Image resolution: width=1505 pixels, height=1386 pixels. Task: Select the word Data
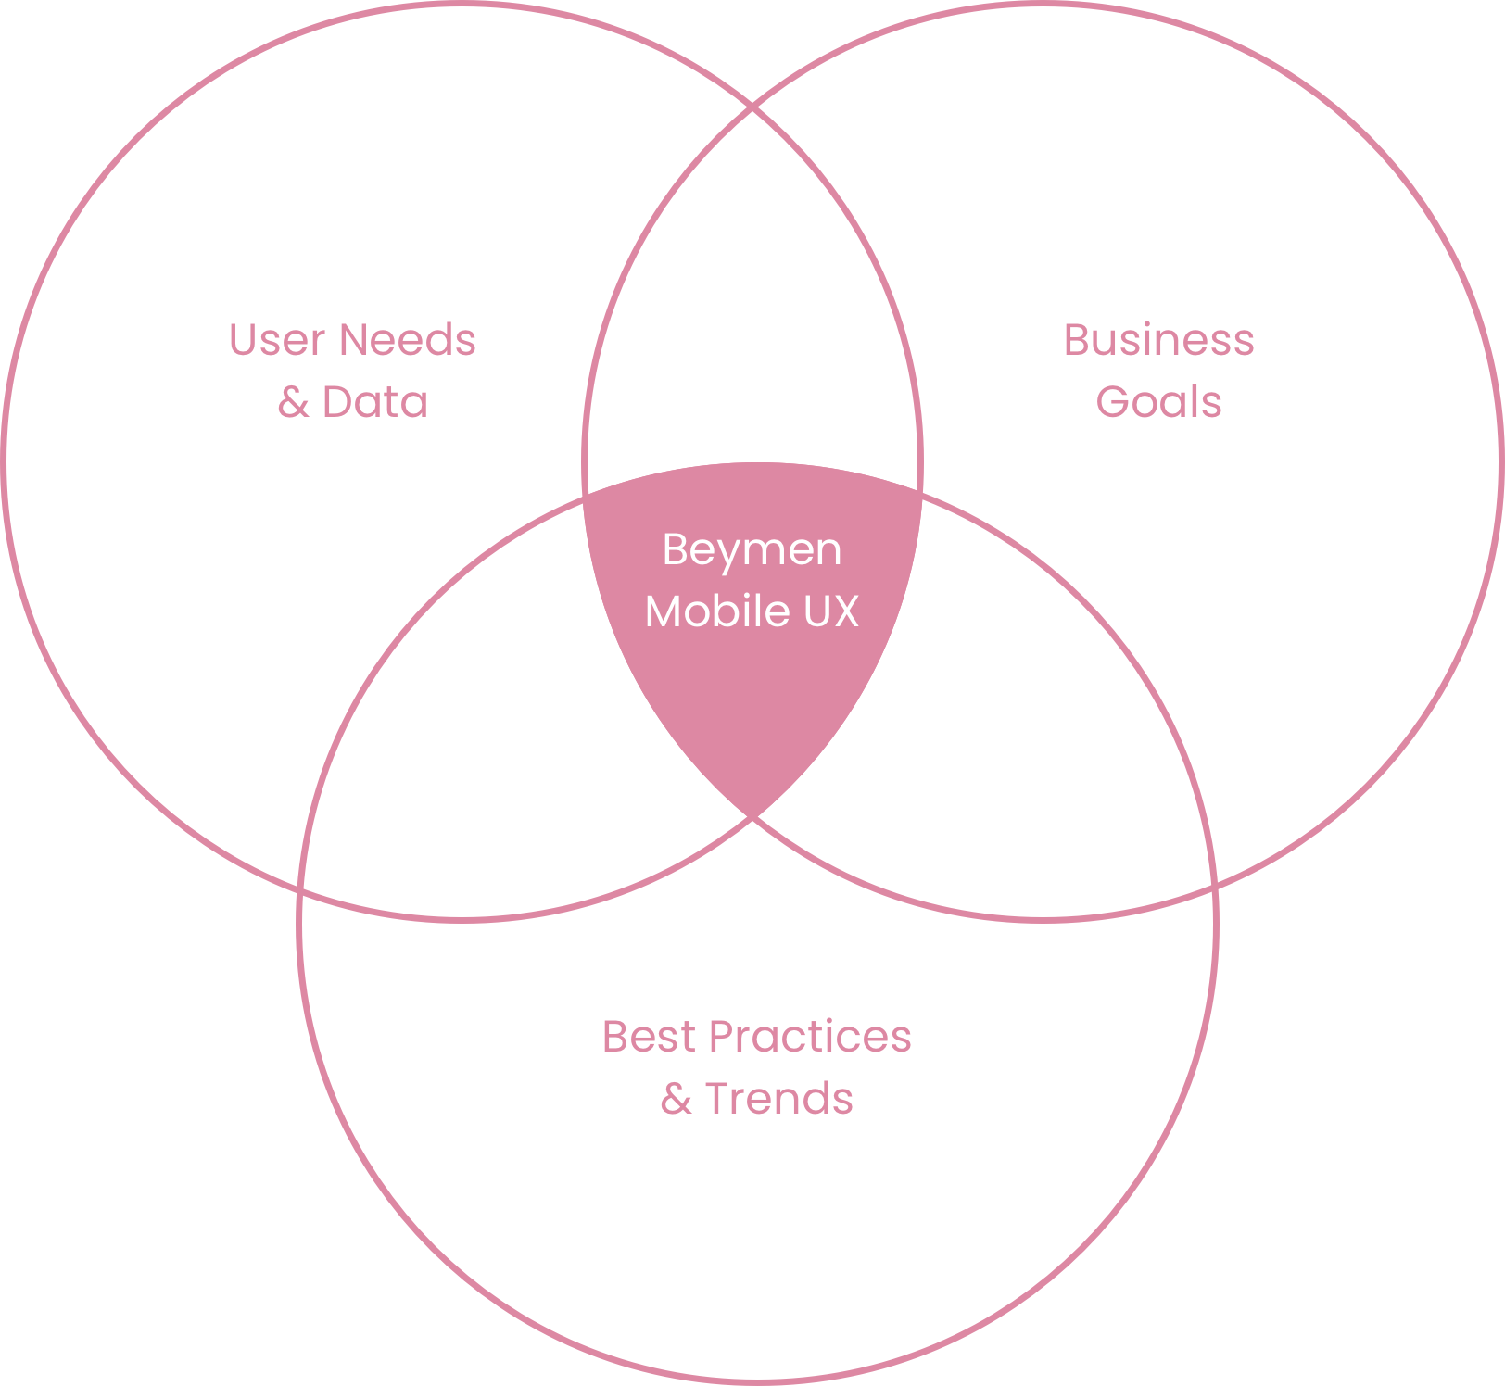coord(374,402)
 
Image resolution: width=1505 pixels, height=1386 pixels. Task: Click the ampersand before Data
coord(293,402)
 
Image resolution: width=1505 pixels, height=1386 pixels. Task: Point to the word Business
coord(1158,340)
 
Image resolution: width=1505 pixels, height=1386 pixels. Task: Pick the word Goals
coord(1158,402)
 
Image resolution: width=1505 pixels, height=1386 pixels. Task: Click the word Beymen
coord(752,549)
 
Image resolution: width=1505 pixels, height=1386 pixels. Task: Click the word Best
coord(648,1037)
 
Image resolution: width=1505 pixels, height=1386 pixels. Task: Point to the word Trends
coord(778,1099)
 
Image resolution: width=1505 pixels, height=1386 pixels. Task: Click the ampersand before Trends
coord(677,1099)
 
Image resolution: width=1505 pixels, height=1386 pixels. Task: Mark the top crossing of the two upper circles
coord(752,108)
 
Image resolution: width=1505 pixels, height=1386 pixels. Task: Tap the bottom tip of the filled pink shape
coord(752,814)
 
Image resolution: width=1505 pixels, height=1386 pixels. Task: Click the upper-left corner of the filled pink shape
coord(586,496)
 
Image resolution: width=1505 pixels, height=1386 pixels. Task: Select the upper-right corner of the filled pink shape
coord(920,493)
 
